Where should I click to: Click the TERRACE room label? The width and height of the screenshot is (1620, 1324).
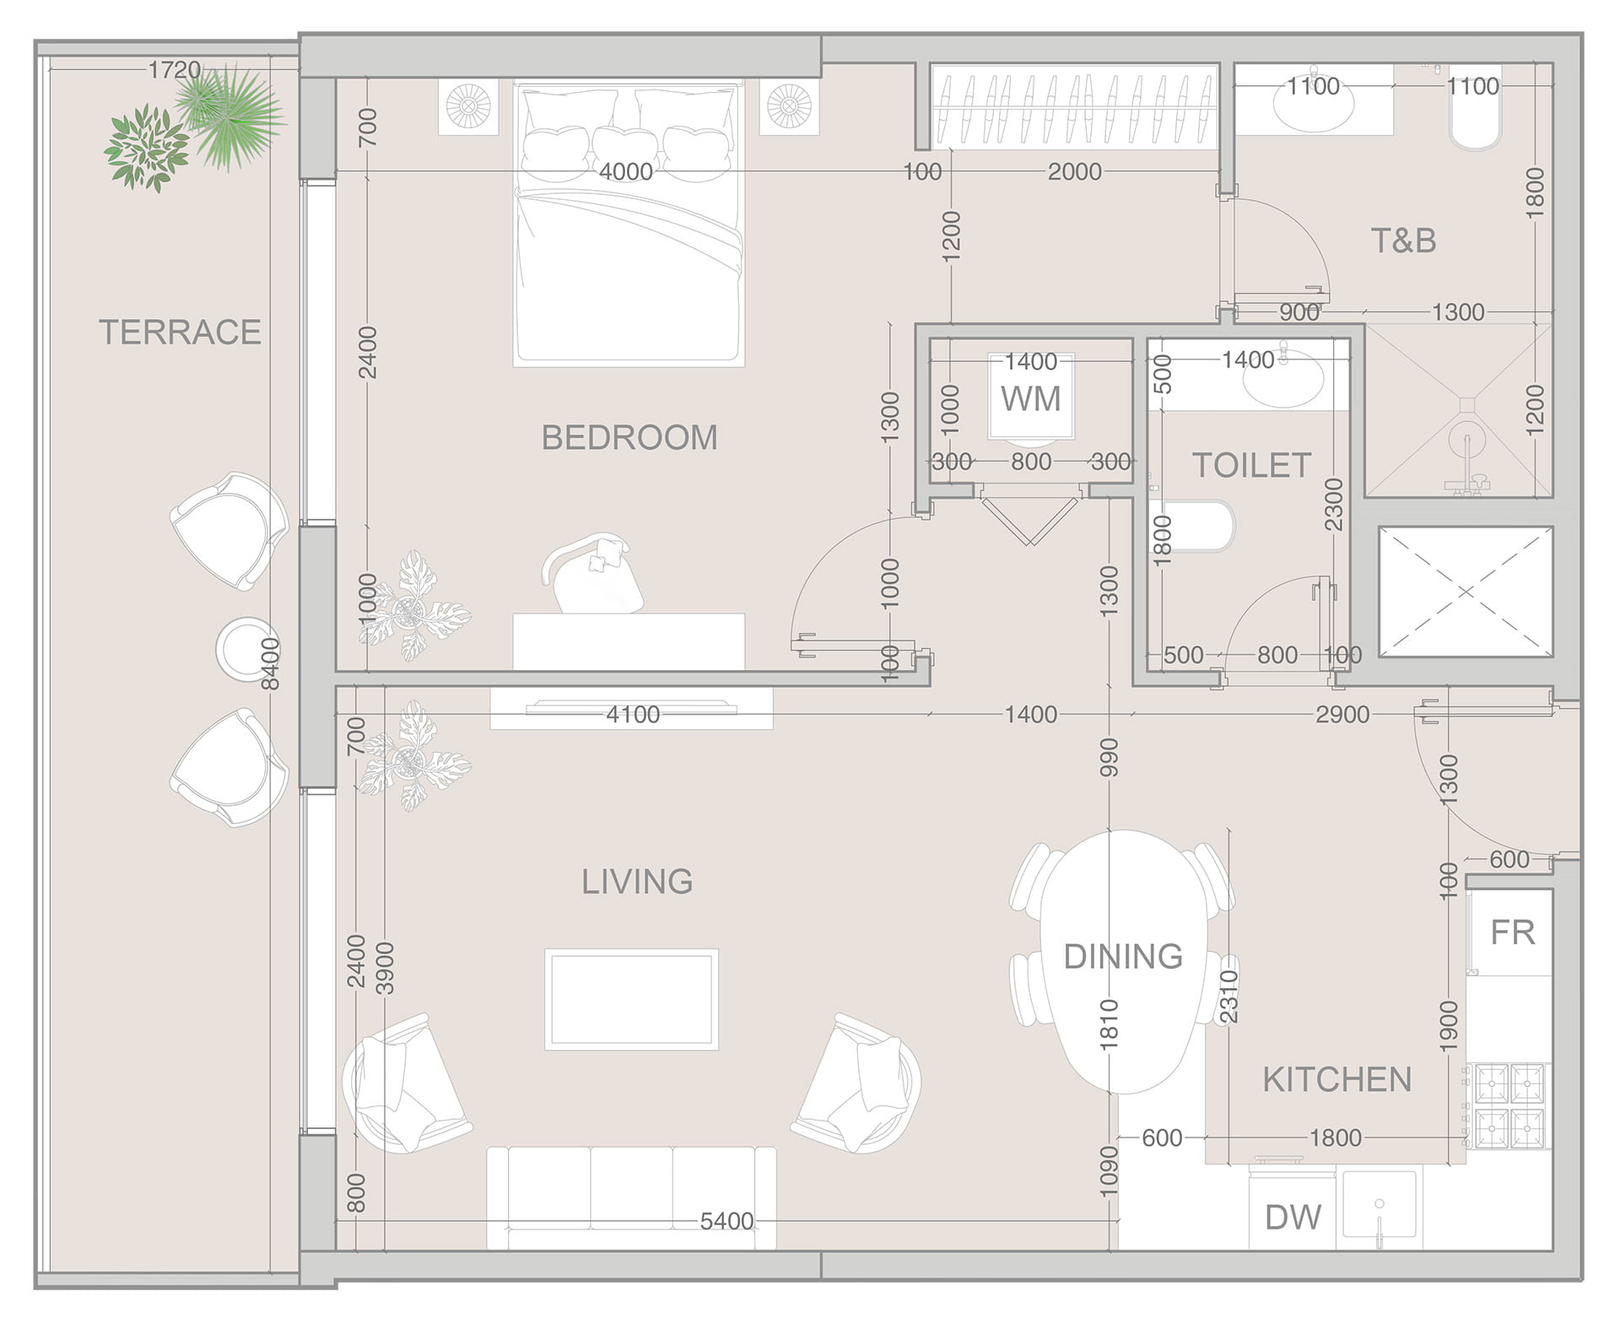tap(180, 332)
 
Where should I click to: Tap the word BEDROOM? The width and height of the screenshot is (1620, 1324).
tap(629, 438)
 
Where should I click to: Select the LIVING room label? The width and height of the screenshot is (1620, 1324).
tap(637, 882)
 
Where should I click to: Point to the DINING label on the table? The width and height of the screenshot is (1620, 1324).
tap(1123, 957)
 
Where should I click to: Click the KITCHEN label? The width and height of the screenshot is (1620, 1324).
tap(1337, 1080)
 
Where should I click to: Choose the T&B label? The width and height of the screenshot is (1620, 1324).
tap(1404, 241)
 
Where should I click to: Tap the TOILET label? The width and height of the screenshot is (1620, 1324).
tap(1252, 466)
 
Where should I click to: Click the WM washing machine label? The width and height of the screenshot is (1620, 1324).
tap(1031, 399)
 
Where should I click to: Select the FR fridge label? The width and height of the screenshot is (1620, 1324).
tap(1512, 932)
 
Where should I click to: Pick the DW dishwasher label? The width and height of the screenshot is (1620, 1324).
tap(1293, 1218)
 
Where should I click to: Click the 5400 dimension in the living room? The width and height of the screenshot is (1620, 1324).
tap(726, 1221)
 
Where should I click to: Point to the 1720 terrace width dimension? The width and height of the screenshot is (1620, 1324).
tap(175, 70)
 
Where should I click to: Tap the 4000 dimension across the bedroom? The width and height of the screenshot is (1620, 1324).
tap(626, 172)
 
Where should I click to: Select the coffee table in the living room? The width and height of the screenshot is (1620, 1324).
tap(632, 999)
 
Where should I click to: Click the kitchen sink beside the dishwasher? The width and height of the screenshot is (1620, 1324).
tap(1380, 1208)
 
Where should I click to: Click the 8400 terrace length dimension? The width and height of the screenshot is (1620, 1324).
tap(270, 663)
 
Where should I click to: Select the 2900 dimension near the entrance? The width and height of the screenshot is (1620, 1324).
tap(1342, 715)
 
